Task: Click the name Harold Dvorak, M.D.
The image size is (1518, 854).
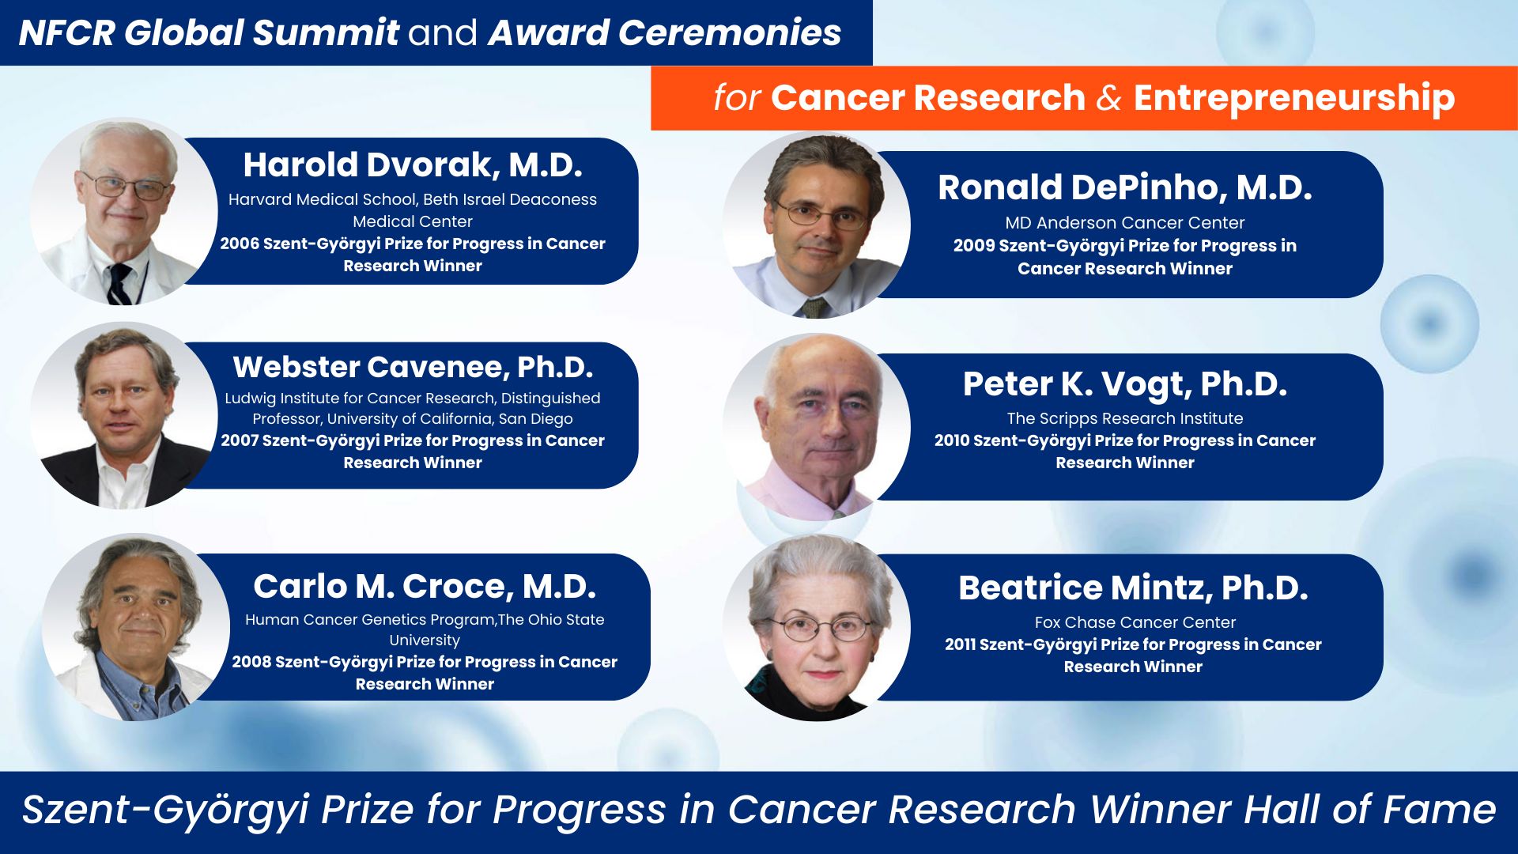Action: click(412, 165)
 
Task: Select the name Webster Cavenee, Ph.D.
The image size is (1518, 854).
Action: click(412, 367)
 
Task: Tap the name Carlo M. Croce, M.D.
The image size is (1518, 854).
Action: click(425, 587)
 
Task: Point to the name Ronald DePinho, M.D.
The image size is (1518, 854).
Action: click(1124, 187)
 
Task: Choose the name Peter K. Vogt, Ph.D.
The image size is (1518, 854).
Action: click(1124, 385)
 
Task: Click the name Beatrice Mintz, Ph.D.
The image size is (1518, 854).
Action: click(1133, 588)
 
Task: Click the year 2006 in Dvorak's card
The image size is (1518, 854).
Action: click(240, 244)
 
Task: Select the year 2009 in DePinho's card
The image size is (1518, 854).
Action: click(973, 246)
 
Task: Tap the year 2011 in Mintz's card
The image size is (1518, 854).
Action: click(960, 644)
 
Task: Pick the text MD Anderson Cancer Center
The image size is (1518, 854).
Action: click(1124, 223)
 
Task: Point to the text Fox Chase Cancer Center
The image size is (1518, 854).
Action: click(1135, 622)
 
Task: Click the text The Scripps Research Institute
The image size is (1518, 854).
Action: click(1124, 418)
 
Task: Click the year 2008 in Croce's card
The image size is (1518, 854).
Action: click(251, 662)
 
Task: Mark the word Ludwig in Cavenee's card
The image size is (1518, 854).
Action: click(251, 399)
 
